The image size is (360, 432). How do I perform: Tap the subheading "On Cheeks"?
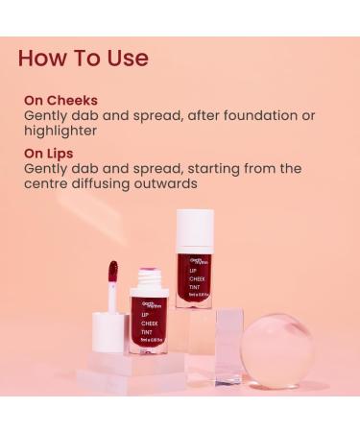click(60, 100)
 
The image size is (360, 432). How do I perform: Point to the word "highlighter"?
click(60, 131)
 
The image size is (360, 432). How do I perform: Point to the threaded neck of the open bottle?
click(146, 281)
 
